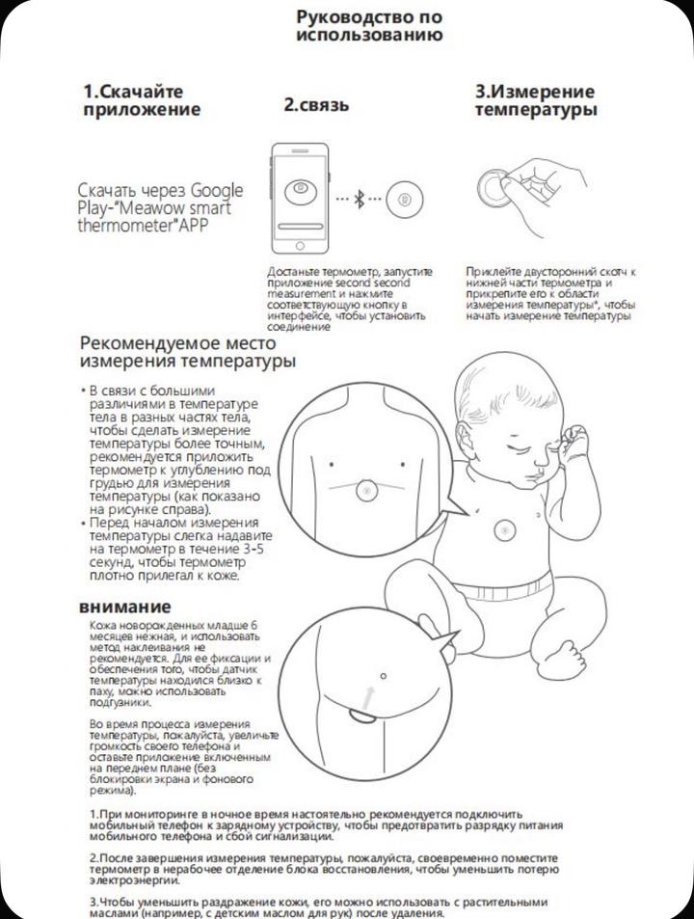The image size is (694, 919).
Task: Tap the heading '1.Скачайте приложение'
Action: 142,99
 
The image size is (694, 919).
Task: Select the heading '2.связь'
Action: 316,104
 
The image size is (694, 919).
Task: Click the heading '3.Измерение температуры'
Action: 535,101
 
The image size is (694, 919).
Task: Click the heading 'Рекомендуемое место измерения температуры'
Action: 188,352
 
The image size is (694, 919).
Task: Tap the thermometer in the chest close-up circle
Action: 366,490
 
